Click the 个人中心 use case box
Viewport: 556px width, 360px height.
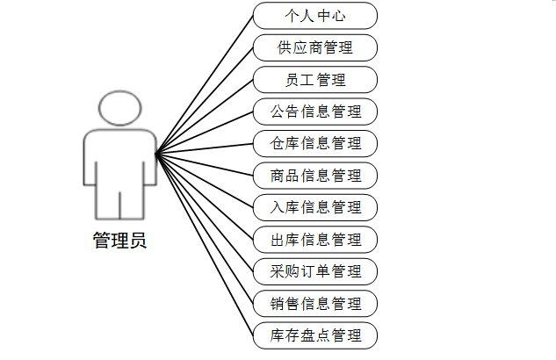(315, 16)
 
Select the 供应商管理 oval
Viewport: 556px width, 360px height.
(315, 47)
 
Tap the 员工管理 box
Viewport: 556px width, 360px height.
(315, 80)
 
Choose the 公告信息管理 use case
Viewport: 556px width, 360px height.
(315, 112)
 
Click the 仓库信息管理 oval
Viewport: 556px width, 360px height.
(315, 143)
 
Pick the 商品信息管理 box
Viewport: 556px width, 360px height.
(315, 176)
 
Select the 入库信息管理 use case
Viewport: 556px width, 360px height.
(315, 207)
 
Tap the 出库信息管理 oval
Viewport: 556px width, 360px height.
(315, 239)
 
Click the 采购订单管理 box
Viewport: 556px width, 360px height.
(315, 270)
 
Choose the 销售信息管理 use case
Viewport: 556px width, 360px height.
(315, 303)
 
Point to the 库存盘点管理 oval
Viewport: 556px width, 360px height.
(315, 335)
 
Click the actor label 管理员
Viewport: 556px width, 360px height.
(119, 241)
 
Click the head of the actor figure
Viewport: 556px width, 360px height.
(119, 109)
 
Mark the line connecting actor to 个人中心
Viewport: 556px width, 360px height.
(204, 85)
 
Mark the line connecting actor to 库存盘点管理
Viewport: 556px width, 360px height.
(204, 245)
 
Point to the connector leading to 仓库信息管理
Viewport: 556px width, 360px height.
(204, 149)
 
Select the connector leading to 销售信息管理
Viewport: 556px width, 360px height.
(204, 229)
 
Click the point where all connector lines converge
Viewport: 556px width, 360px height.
(156, 155)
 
